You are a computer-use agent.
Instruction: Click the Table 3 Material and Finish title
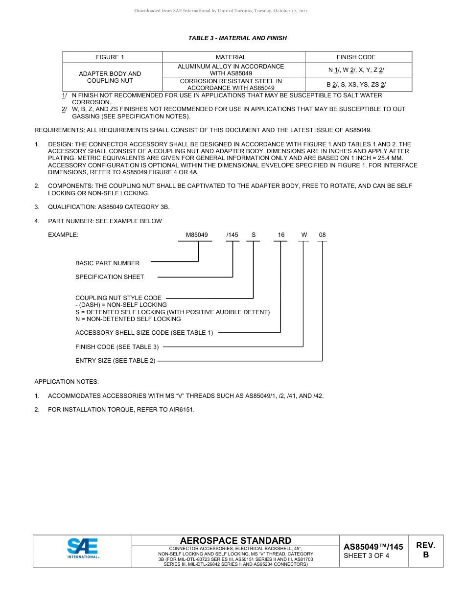[x=237, y=38]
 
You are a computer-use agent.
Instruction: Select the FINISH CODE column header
[x=356, y=57]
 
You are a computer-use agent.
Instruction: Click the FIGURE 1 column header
[x=110, y=57]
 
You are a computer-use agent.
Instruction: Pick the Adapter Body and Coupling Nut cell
[x=110, y=77]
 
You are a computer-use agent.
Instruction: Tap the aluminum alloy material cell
[x=231, y=69]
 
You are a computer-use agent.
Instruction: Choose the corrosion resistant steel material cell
[x=231, y=84]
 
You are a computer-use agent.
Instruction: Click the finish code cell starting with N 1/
[x=356, y=70]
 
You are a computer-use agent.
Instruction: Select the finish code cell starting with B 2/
[x=356, y=84]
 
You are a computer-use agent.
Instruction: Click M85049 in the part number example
[x=197, y=235]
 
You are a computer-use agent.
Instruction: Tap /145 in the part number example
[x=232, y=235]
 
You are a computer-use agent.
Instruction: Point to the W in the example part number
[x=304, y=235]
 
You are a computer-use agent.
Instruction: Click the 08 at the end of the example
[x=322, y=235]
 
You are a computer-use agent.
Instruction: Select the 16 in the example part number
[x=281, y=235]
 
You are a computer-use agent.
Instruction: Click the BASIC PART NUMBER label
[x=107, y=263]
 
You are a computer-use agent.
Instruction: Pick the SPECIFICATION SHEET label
[x=110, y=277]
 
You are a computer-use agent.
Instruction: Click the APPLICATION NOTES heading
[x=66, y=381]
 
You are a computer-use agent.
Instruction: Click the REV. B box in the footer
[x=425, y=550]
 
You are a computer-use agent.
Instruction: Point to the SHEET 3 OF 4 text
[x=366, y=556]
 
